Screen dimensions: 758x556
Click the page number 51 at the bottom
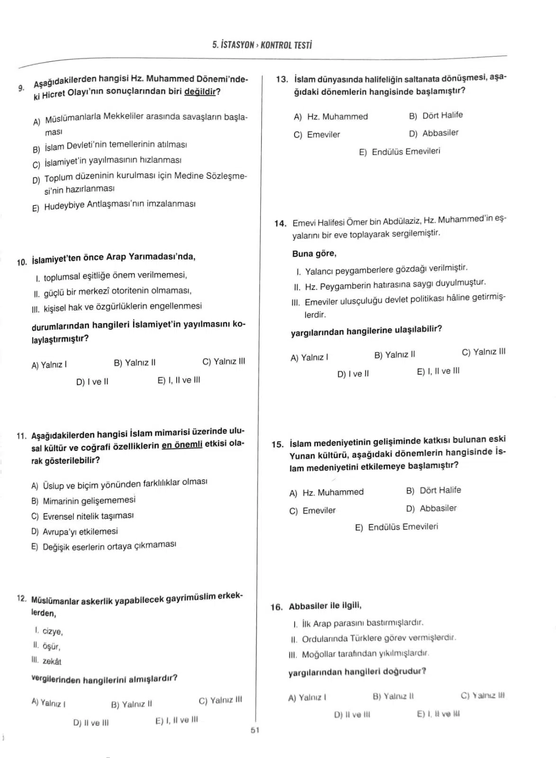[255, 730]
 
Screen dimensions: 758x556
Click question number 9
[21, 88]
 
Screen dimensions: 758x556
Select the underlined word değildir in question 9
[199, 91]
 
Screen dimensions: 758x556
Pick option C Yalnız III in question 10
[224, 361]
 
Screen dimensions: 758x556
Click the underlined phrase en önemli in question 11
[182, 445]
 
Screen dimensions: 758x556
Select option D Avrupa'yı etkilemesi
[74, 532]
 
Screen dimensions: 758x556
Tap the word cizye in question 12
[52, 632]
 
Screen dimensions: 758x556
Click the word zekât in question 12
[52, 661]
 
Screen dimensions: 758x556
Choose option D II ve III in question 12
[91, 723]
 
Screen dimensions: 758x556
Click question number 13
[282, 79]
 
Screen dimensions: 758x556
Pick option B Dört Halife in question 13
[436, 115]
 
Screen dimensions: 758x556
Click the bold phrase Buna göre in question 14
[314, 253]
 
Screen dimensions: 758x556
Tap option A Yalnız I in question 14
[309, 358]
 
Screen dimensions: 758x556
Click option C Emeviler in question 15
[312, 511]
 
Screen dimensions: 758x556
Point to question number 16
[277, 607]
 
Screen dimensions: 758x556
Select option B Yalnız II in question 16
[393, 696]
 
